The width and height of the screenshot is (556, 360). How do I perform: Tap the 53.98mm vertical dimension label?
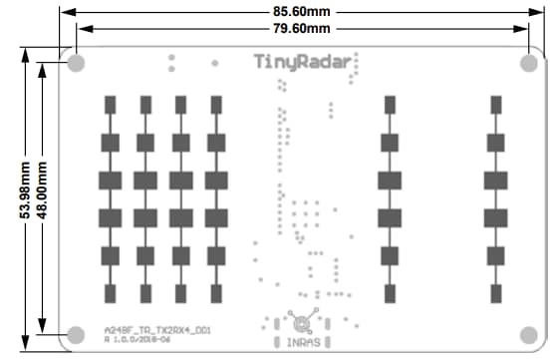click(13, 194)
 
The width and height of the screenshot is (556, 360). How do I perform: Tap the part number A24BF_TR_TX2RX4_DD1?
click(156, 328)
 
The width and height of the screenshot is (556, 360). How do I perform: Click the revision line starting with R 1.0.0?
click(144, 339)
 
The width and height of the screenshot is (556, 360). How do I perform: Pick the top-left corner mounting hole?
click(76, 64)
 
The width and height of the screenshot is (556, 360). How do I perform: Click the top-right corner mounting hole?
click(528, 64)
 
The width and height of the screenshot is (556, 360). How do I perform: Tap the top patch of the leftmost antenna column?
click(111, 104)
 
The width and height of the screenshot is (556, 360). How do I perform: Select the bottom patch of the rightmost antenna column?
click(495, 292)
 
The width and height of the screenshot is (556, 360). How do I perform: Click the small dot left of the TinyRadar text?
click(214, 62)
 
